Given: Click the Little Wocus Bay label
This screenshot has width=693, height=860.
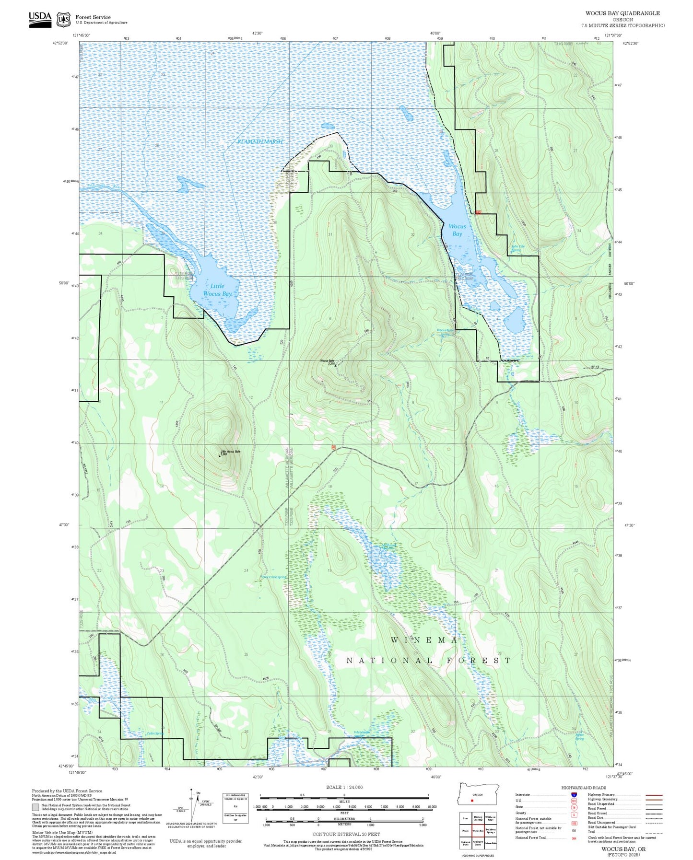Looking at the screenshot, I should [x=217, y=290].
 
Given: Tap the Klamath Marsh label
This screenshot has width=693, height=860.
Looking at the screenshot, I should [x=260, y=141].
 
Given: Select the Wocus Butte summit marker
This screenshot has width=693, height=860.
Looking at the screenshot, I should [x=335, y=365].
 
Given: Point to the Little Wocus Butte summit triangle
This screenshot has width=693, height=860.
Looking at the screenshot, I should [x=220, y=456].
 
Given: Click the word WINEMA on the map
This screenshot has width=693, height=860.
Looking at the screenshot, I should [x=425, y=640].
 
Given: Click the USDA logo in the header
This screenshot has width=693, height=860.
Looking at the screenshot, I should [x=40, y=19].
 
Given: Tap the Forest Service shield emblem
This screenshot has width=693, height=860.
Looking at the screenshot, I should [x=63, y=19].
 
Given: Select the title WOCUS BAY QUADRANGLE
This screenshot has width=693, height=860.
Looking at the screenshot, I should [x=622, y=13].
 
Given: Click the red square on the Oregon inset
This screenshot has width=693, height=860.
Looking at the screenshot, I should [x=472, y=800].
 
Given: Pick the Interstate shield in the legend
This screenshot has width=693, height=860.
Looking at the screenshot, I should [x=574, y=795].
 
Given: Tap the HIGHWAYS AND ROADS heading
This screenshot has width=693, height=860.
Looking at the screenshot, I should [x=584, y=788].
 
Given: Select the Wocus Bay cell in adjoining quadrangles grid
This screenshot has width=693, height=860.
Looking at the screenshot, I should [x=478, y=831].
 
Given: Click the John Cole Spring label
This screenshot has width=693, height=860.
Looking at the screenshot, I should [x=517, y=248].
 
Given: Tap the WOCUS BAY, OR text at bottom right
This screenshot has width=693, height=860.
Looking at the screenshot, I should [x=623, y=849].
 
